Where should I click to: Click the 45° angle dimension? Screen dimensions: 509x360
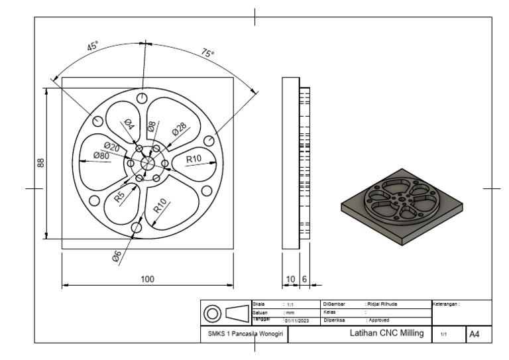93,47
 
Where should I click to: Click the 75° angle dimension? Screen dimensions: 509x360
207,54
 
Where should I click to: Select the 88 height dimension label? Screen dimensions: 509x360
41,162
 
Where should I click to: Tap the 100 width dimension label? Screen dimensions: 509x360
147,279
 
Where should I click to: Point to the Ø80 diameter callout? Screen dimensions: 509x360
101,156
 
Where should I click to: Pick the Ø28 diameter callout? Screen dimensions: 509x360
180,129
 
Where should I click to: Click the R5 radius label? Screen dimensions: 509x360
119,197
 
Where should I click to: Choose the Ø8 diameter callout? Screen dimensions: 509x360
152,125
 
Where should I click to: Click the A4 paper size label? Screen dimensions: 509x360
475,335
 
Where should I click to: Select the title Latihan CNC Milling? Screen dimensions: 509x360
386,333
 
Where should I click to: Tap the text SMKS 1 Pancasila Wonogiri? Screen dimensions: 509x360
243,335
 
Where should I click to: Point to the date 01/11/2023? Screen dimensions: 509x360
298,320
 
